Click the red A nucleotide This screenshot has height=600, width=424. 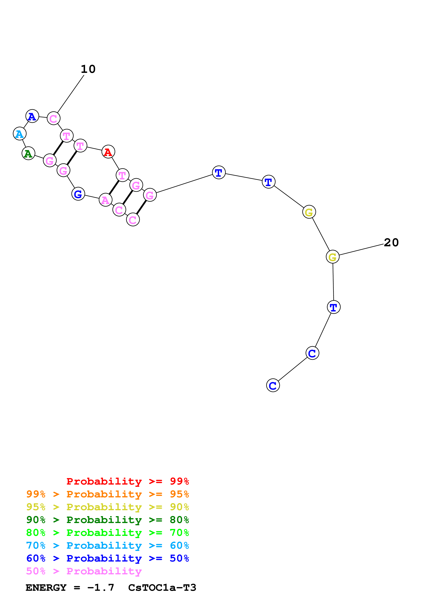click(108, 152)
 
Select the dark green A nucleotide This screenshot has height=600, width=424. click(28, 153)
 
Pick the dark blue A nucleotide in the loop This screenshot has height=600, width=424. click(32, 116)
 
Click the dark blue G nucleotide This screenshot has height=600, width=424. click(78, 194)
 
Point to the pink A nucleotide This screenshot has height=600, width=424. click(106, 200)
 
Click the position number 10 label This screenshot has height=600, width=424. click(88, 69)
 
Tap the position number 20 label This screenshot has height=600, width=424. click(391, 243)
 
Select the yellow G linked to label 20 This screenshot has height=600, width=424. click(332, 257)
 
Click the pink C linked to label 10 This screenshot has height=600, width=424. click(54, 119)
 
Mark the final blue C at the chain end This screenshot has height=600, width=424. click(273, 386)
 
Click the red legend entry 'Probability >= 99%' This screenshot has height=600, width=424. click(127, 481)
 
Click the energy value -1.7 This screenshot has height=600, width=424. click(101, 588)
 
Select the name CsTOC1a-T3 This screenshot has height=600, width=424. click(162, 588)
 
